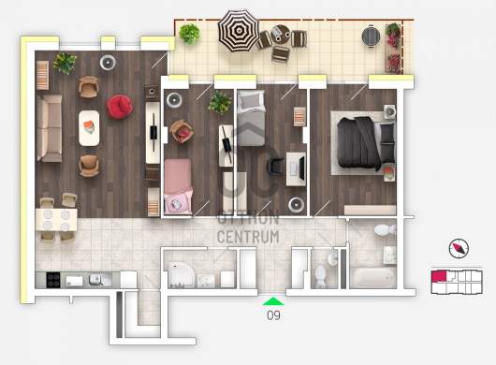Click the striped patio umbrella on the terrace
[x=239, y=31]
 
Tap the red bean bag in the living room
[x=119, y=107]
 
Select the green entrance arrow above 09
[x=273, y=301]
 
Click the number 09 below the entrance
[x=273, y=315]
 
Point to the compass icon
[x=459, y=248]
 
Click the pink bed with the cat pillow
[x=178, y=186]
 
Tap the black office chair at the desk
[x=275, y=167]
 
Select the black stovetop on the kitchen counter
[x=52, y=280]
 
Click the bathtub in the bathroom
[x=373, y=277]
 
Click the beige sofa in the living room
[x=50, y=128]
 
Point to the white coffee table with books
[x=89, y=128]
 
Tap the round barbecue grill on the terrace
[x=371, y=36]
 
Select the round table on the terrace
[x=280, y=34]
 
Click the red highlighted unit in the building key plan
[x=439, y=276]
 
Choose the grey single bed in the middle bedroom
[x=251, y=118]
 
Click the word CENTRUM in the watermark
[x=248, y=237]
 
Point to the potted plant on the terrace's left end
[x=189, y=34]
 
